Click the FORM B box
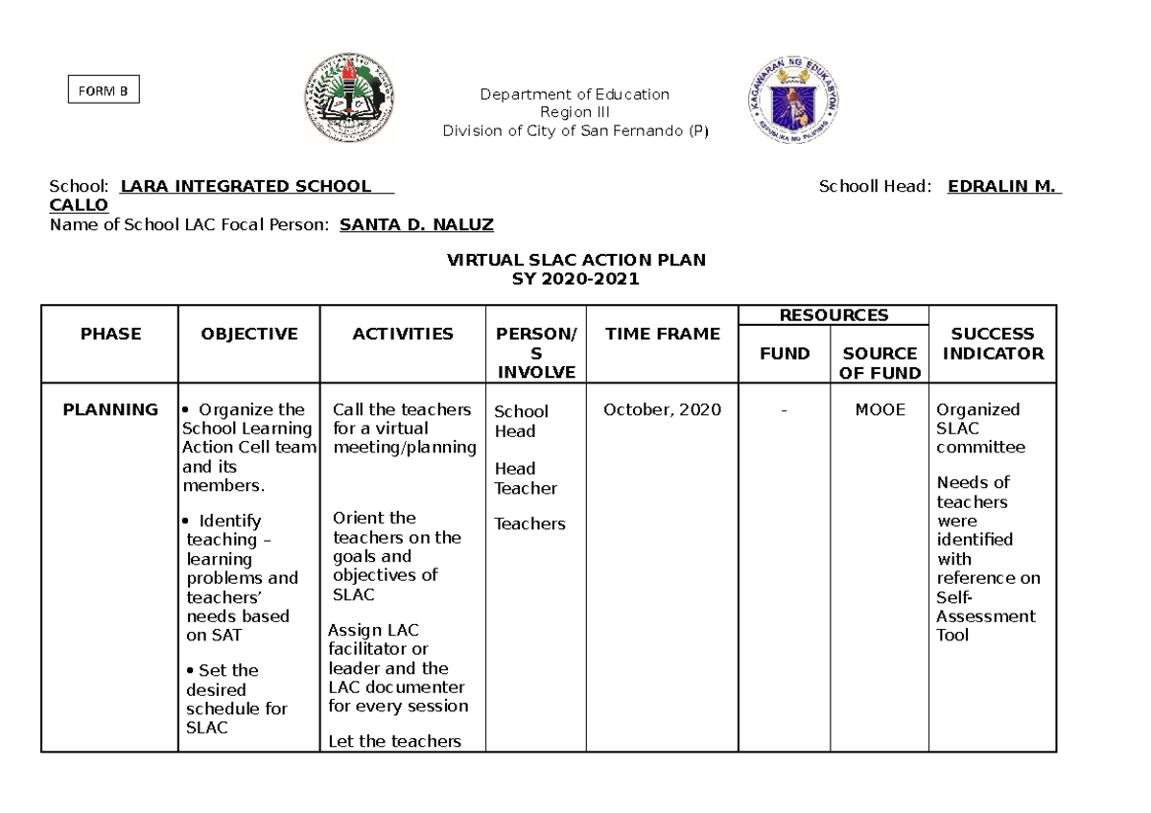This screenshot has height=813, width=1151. [103, 91]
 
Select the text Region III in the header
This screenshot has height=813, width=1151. [575, 112]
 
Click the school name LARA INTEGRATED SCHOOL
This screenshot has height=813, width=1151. [246, 186]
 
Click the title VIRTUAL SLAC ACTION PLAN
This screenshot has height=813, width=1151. [576, 261]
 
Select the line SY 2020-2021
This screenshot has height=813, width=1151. [576, 279]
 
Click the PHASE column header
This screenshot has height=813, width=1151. [110, 334]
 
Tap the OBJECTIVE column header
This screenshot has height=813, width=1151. [249, 334]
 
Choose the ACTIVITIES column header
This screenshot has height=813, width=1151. [403, 334]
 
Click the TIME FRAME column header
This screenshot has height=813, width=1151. [662, 334]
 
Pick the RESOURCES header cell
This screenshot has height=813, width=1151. [833, 314]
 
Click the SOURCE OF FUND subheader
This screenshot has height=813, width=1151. [880, 363]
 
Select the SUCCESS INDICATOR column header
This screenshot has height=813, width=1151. [992, 343]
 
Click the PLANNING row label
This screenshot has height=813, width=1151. [110, 409]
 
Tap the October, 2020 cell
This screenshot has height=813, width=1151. [662, 409]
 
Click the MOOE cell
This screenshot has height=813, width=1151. [880, 409]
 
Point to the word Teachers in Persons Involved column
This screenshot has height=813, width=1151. [529, 523]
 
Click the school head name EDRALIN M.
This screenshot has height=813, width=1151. [1003, 186]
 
